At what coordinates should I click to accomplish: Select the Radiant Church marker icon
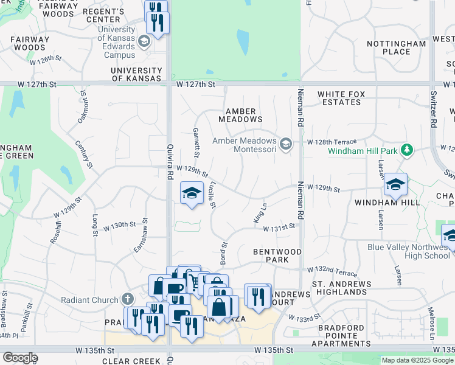pyautogui.click(x=127, y=299)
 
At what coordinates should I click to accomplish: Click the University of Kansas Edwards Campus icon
pyautogui.click(x=144, y=41)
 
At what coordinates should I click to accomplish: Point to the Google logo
pyautogui.click(x=20, y=358)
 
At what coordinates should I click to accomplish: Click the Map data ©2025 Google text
pyautogui.click(x=417, y=360)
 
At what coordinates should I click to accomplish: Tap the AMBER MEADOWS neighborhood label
pyautogui.click(x=244, y=115)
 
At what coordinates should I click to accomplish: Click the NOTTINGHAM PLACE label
pyautogui.click(x=397, y=47)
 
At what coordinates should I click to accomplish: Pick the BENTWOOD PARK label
pyautogui.click(x=277, y=255)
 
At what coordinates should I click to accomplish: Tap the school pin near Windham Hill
pyautogui.click(x=395, y=184)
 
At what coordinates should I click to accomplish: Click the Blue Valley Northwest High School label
pyautogui.click(x=410, y=251)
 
